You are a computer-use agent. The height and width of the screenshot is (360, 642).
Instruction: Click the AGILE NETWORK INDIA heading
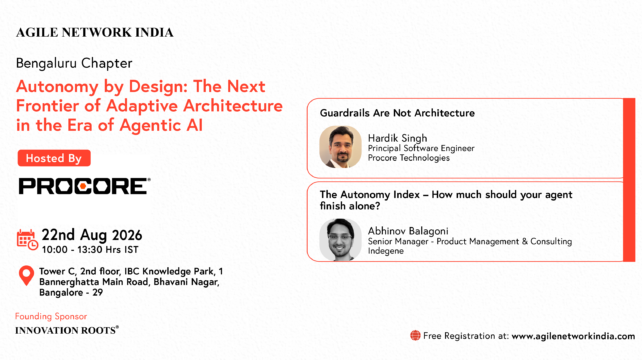95,33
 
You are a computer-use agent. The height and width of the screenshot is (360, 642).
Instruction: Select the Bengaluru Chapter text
74,63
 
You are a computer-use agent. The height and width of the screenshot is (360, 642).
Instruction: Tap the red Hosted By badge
54,158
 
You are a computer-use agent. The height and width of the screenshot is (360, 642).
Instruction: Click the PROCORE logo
84,186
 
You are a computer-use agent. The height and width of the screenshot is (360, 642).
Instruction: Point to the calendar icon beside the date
27,240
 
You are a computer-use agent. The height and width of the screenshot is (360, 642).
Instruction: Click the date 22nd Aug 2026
92,235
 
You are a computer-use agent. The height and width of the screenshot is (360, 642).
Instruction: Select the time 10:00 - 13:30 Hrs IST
90,249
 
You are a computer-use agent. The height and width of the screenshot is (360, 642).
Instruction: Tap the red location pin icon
27,276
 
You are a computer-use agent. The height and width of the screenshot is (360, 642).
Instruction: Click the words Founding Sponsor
51,316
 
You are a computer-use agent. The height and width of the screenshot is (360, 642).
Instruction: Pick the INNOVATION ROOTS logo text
67,331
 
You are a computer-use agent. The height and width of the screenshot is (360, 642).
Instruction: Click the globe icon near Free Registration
415,335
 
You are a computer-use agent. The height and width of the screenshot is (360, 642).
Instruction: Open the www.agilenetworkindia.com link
573,336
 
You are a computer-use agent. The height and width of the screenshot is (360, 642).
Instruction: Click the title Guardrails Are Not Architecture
397,113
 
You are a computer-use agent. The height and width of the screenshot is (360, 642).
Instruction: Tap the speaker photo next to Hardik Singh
340,147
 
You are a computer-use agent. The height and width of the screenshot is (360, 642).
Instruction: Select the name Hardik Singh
398,138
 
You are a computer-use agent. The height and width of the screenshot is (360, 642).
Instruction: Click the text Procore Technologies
409,158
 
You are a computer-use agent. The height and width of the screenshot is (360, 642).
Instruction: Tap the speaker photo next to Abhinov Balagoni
340,240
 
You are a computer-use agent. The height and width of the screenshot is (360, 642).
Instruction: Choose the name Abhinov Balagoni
408,231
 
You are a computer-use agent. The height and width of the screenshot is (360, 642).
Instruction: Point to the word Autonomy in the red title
57,87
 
